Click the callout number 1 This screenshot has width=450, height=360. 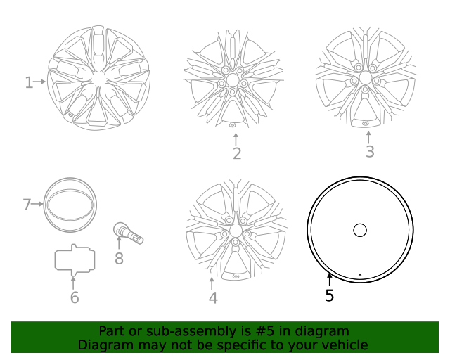tap(29, 83)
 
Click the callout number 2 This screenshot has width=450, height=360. tap(237, 153)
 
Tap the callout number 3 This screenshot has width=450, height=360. tap(370, 151)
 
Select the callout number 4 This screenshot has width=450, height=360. tap(213, 298)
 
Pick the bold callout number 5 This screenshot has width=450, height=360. tap(330, 296)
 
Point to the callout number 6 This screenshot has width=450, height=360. tap(75, 298)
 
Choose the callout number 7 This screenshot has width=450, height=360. tap(27, 205)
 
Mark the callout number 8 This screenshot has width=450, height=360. tap(119, 259)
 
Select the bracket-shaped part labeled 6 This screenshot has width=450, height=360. tap(75, 259)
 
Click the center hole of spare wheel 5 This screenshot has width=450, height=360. tap(360, 230)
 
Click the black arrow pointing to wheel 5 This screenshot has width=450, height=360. tap(329, 280)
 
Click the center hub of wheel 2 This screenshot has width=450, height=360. tap(233, 82)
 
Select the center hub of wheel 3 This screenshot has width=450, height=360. tap(366, 77)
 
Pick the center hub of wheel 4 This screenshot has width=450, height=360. tap(235, 231)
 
